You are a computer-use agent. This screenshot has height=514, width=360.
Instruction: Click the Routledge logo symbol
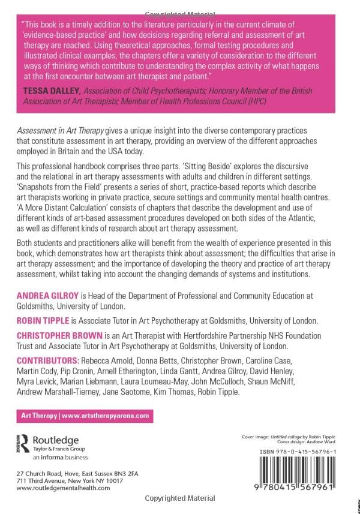pos(23,442)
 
